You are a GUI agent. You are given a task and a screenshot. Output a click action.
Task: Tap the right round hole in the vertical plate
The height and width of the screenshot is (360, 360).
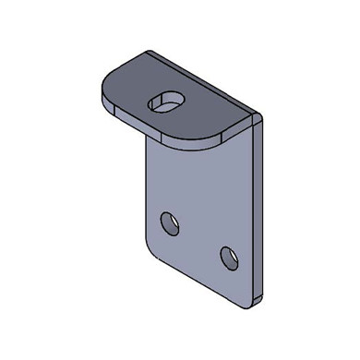pos(227,253)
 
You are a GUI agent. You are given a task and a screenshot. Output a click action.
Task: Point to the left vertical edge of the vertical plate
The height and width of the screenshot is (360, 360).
pos(147,185)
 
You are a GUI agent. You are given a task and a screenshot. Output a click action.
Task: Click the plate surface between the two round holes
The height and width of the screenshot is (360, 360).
pos(198,237)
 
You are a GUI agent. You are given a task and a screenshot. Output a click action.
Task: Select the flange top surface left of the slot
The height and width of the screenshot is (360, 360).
pos(129,92)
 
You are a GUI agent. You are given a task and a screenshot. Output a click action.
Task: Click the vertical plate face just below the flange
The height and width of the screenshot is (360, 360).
pos(198,162)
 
